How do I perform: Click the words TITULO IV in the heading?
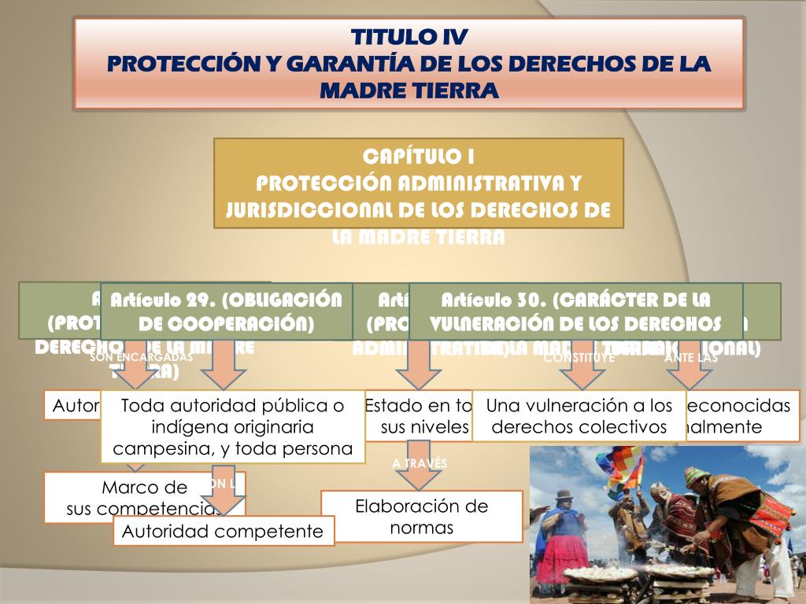pyautogui.click(x=409, y=37)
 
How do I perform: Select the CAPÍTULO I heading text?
pyautogui.click(x=418, y=155)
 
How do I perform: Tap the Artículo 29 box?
pyautogui.click(x=227, y=311)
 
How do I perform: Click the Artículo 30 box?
pyautogui.click(x=575, y=311)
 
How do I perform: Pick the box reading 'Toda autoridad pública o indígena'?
pyautogui.click(x=233, y=427)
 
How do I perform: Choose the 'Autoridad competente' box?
pyautogui.click(x=223, y=531)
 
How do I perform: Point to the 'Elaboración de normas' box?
pyautogui.click(x=422, y=516)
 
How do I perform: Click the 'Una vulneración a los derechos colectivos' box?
pyautogui.click(x=579, y=416)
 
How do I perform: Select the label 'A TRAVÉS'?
pyautogui.click(x=420, y=463)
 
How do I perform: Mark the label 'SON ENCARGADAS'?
pyautogui.click(x=142, y=356)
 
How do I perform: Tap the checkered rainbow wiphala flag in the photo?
pyautogui.click(x=619, y=463)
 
